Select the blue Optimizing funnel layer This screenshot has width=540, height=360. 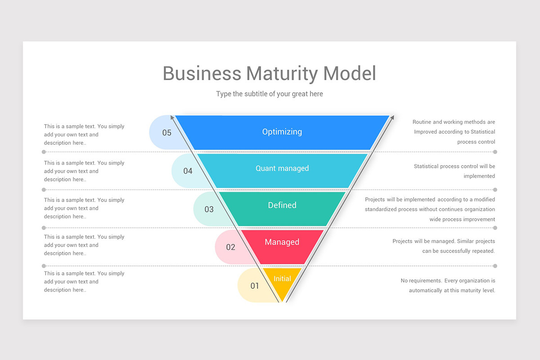(282, 132)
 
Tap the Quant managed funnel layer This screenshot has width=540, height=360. (282, 169)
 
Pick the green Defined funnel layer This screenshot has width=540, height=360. (282, 206)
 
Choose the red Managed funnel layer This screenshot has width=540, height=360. (282, 242)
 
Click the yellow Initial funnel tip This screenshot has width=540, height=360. (282, 279)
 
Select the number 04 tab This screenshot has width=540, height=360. (188, 171)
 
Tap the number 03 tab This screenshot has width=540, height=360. (209, 209)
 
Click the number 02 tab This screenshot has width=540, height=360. (230, 247)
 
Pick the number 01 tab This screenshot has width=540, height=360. (254, 286)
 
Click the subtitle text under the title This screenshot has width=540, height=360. (269, 94)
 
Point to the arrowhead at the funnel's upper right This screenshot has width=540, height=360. (392, 117)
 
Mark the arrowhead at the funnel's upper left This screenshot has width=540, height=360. (172, 117)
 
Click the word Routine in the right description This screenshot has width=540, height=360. (422, 122)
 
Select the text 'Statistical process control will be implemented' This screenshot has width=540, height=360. (454, 171)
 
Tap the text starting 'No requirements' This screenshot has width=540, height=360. (448, 285)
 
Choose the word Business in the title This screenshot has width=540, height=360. (202, 74)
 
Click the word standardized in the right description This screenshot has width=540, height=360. (382, 209)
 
